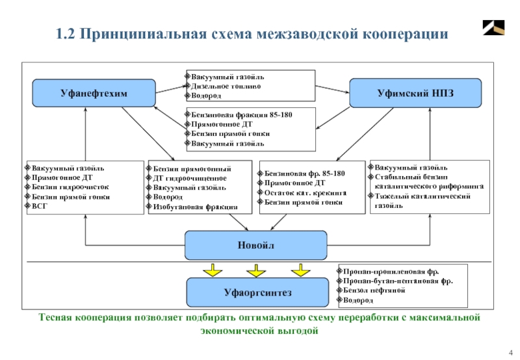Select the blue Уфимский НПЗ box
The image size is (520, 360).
coord(415,93)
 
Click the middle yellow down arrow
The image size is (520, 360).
coord(255,269)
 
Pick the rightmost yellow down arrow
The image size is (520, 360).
coord(300,269)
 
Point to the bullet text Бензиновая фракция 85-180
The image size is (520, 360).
coord(242,114)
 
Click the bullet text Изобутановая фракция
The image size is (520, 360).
coord(195,206)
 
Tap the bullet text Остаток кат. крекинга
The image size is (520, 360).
coord(305,193)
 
